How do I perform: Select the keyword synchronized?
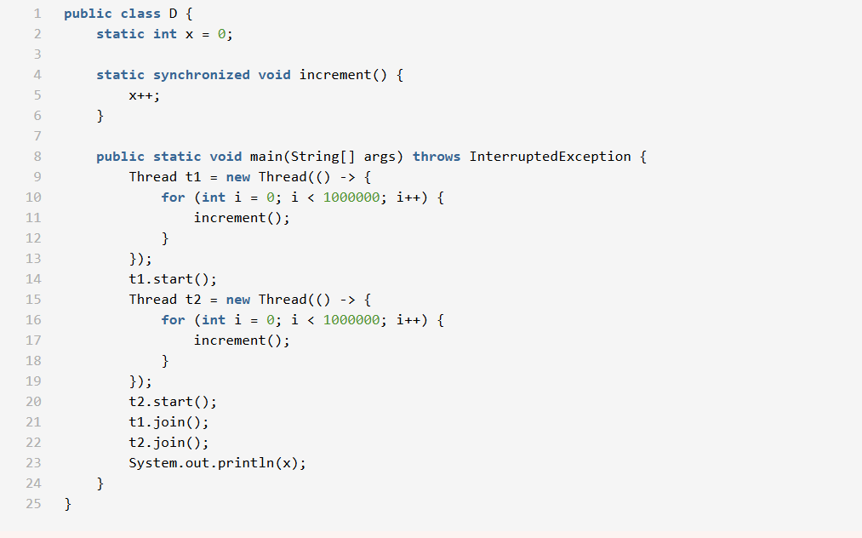[x=202, y=75]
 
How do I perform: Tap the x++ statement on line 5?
[x=144, y=95]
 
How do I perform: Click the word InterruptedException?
[x=550, y=157]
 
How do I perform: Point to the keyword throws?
[x=437, y=157]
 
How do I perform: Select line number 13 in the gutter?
[x=33, y=259]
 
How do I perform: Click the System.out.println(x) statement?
[x=217, y=463]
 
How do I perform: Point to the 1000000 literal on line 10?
[x=351, y=197]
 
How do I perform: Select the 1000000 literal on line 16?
[x=351, y=320]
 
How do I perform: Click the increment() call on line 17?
[x=242, y=341]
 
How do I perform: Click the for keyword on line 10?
[x=173, y=197]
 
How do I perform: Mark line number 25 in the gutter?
[x=33, y=504]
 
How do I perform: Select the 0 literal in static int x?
[x=221, y=34]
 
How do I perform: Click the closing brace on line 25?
[x=68, y=504]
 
